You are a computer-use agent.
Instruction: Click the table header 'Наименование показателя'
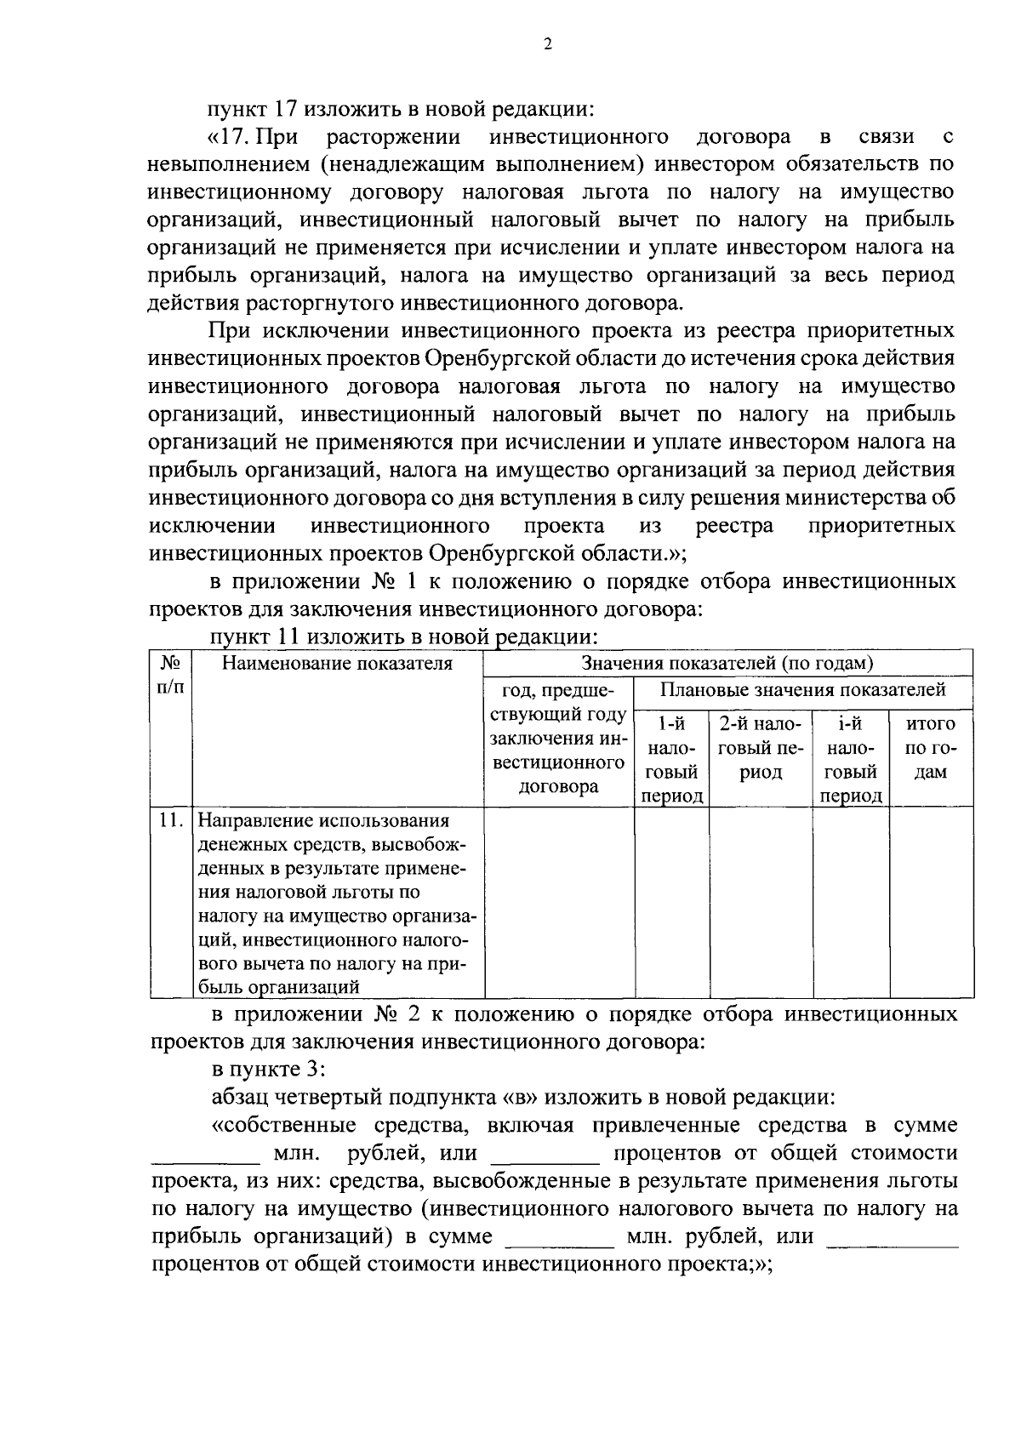coord(337,664)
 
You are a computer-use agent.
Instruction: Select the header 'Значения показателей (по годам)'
coord(727,664)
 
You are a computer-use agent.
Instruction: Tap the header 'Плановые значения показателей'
coord(803,689)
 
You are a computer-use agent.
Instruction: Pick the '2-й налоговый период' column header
coord(761,748)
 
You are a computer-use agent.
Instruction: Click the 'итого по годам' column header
coord(932,748)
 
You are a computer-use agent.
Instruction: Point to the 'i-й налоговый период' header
coord(851,760)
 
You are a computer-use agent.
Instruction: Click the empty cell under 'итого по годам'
coord(932,902)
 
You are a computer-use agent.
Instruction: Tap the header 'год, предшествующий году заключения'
coord(559,737)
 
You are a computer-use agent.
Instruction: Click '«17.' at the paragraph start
coord(231,137)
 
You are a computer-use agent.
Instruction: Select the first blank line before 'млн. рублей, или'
coord(205,1156)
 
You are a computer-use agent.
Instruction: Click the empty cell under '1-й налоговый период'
coord(671,902)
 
